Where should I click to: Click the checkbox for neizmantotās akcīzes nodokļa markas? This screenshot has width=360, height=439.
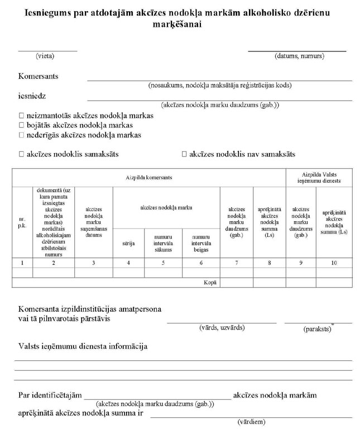point(21,116)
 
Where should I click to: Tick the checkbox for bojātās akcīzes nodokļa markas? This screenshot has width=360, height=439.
point(21,125)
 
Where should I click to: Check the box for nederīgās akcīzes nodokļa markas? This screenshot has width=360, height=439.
point(21,135)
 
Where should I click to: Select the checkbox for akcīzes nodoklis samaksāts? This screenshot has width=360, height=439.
point(21,154)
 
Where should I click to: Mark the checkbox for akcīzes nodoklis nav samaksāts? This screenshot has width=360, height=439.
point(184,154)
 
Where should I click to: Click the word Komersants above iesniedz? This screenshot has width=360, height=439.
point(39,76)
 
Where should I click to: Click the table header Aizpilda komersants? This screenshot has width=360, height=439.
point(148,177)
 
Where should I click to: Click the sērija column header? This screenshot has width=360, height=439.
point(128,244)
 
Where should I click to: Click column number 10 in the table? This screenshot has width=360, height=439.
point(334,262)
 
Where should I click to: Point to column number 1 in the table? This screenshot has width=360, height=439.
point(22,262)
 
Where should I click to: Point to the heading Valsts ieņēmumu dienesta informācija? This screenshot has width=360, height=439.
point(83,347)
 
